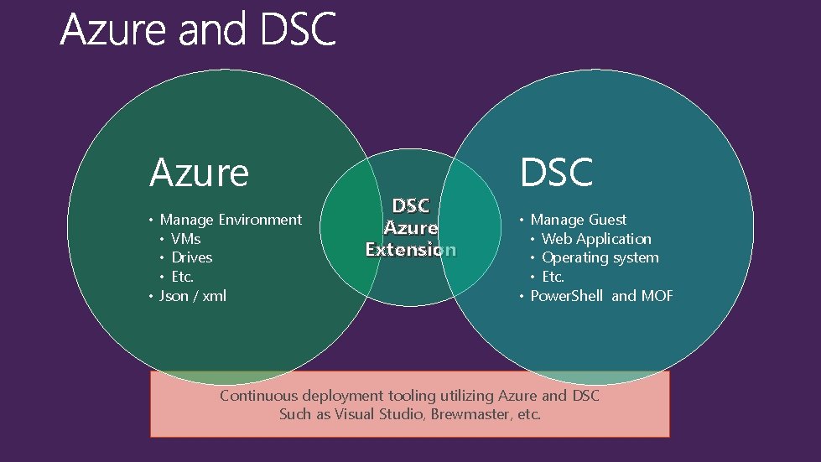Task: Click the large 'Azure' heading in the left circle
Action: (x=199, y=173)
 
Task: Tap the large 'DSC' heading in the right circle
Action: (x=556, y=173)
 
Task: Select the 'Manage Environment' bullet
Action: (x=230, y=220)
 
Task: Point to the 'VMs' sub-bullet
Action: (x=185, y=239)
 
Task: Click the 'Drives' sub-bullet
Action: (x=191, y=257)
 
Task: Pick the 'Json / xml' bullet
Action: (x=192, y=296)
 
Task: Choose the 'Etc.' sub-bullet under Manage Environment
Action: (x=182, y=277)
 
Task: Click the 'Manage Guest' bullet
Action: (x=578, y=220)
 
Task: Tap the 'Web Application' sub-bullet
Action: (x=595, y=239)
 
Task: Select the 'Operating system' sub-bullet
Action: (x=600, y=257)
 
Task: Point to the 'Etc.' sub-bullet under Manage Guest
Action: (x=553, y=277)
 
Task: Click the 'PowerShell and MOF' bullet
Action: (x=601, y=296)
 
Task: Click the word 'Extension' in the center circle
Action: (x=410, y=249)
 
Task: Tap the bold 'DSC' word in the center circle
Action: (x=411, y=206)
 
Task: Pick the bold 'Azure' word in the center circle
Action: (x=411, y=228)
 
